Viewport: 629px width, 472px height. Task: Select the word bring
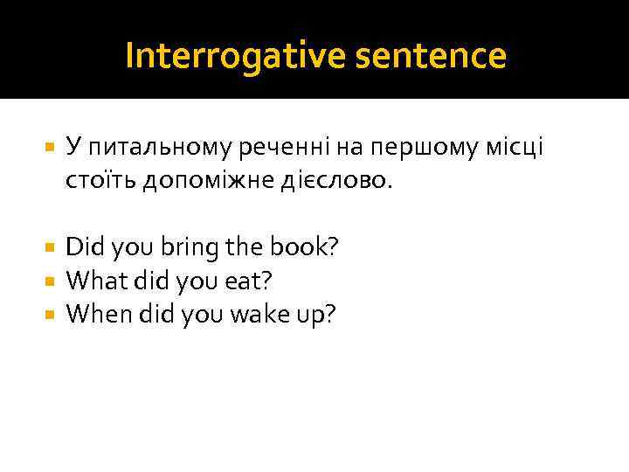(x=192, y=248)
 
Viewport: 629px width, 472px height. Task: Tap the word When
(x=99, y=312)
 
